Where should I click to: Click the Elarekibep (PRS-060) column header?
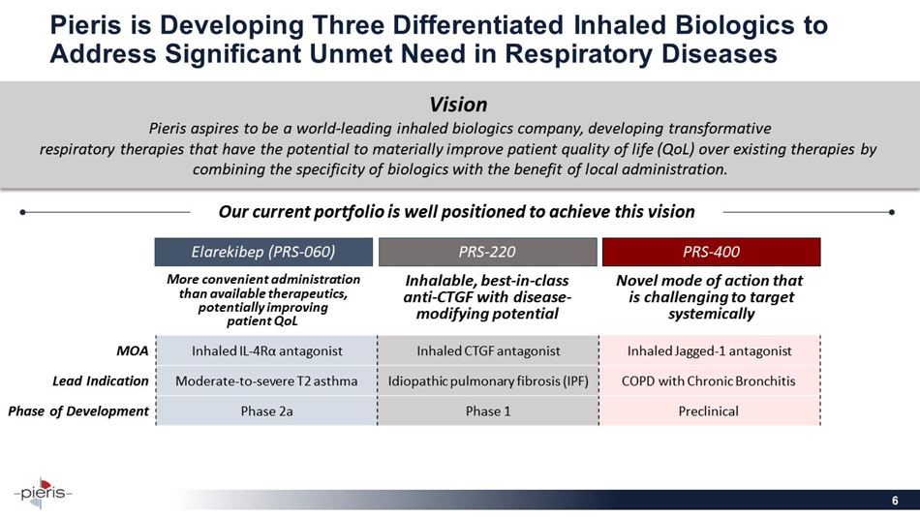[x=263, y=252]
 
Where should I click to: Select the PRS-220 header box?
[x=487, y=252]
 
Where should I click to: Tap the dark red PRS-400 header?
[x=711, y=252]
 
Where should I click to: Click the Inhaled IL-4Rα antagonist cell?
[x=265, y=350]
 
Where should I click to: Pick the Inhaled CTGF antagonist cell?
[x=487, y=350]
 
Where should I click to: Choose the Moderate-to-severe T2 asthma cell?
[x=265, y=380]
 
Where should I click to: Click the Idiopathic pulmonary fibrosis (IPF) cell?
[x=487, y=380]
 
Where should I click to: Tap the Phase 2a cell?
[x=265, y=411]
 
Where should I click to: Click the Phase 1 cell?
[x=487, y=411]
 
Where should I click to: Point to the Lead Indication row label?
[x=101, y=380]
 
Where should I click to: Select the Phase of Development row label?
[x=78, y=411]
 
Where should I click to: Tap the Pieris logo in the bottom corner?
[x=44, y=491]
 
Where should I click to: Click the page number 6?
[x=896, y=501]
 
